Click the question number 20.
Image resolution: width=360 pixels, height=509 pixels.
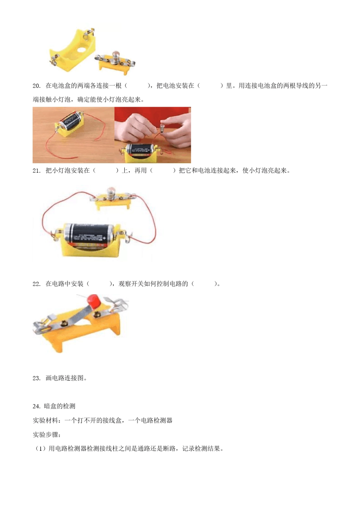click(x=36, y=86)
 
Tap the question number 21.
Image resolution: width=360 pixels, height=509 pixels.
click(x=36, y=170)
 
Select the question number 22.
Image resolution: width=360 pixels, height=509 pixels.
click(x=36, y=284)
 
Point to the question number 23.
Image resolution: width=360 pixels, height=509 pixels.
click(x=36, y=378)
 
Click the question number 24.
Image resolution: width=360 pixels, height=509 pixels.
click(x=36, y=406)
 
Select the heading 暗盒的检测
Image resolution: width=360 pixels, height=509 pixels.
click(x=60, y=406)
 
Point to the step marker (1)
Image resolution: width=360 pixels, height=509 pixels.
click(x=40, y=449)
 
